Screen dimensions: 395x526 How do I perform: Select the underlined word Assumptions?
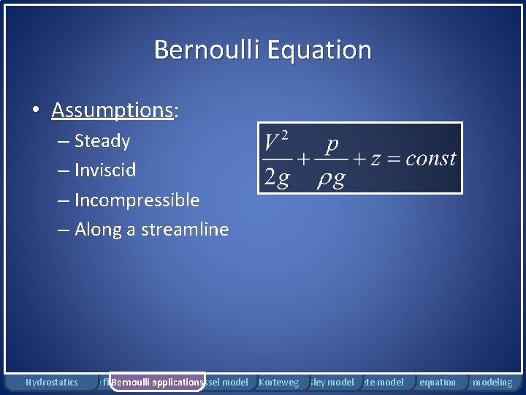[x=111, y=110]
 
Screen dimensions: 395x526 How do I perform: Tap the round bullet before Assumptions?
[x=35, y=111]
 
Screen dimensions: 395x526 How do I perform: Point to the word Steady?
[x=102, y=141]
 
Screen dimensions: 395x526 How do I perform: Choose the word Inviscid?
[x=105, y=170]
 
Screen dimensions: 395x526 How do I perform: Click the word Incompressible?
[x=137, y=200]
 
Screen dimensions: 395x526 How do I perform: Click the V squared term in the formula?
[x=275, y=139]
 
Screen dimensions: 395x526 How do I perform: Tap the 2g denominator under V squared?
[x=276, y=178]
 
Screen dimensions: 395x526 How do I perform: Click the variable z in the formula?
[x=376, y=159]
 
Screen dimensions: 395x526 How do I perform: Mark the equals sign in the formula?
[x=394, y=159]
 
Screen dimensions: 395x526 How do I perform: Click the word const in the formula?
[x=431, y=159]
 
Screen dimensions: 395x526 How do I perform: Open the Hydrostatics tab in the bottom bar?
[x=51, y=383]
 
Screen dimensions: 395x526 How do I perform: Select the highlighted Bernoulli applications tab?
[x=157, y=383]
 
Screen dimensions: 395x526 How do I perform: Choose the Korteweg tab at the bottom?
[x=278, y=383]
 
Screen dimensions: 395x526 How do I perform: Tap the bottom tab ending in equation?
[x=437, y=383]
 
